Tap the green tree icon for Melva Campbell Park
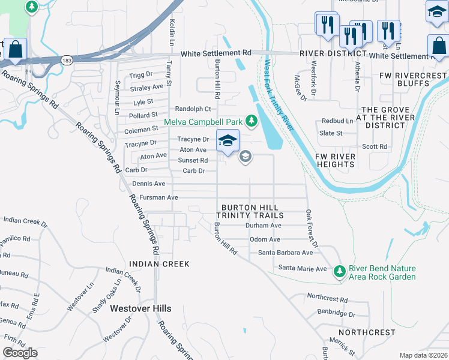(x=252, y=121)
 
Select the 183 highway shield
(x=66, y=60)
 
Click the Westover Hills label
(x=140, y=308)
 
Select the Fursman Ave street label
(x=158, y=197)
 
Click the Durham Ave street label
(x=264, y=226)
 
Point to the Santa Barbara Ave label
(x=286, y=253)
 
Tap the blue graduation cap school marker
(x=228, y=141)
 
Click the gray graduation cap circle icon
(x=245, y=157)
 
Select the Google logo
(x=20, y=353)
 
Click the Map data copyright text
(x=423, y=355)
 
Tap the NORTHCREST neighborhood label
(x=367, y=332)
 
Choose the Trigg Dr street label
(x=142, y=75)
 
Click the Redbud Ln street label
(x=337, y=121)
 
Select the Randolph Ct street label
(x=193, y=109)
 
